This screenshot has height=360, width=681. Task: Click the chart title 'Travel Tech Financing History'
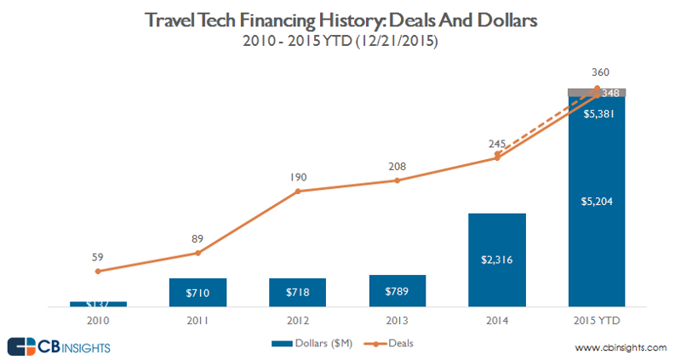pos(340,20)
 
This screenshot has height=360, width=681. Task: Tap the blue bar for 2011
pos(197,291)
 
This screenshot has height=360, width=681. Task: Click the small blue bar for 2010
pos(98,303)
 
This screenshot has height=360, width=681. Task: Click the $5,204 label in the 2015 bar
pos(596,202)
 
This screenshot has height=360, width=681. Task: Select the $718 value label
pos(297,293)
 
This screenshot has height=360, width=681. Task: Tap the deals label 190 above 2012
pos(297,176)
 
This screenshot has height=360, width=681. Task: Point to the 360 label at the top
pos(597,73)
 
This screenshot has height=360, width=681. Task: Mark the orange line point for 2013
pos(397,180)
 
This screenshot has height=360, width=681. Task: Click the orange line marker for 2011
pos(197,253)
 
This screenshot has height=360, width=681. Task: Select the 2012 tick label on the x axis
pos(297,322)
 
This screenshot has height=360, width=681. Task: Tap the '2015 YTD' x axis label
pos(596,322)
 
